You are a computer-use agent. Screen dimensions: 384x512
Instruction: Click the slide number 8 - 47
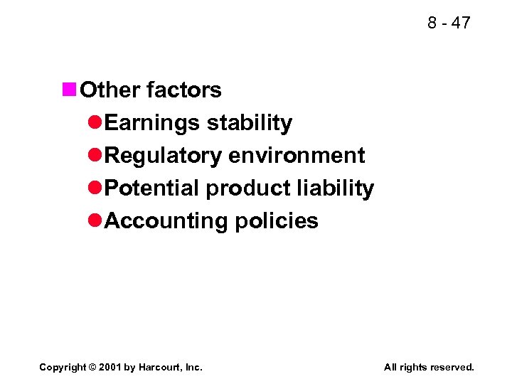[449, 23]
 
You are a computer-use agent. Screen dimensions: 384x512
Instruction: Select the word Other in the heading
[110, 90]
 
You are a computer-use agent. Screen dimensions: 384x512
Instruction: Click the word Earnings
[152, 123]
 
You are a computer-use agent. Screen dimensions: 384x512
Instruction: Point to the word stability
[249, 123]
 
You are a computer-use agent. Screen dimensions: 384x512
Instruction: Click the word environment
[297, 156]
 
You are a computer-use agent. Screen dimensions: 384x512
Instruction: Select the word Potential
[152, 188]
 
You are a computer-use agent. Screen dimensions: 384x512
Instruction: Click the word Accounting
[166, 221]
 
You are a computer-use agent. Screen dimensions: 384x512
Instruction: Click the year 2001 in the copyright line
[112, 367]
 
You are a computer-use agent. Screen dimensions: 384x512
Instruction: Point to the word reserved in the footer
[451, 367]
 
